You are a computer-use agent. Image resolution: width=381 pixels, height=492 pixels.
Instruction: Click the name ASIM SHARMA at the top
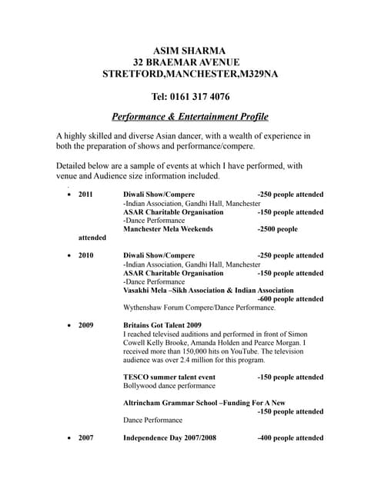point(190,49)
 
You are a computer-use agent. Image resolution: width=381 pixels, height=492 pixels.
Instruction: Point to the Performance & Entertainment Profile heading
point(190,117)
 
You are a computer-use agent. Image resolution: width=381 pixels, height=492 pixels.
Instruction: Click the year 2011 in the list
point(86,194)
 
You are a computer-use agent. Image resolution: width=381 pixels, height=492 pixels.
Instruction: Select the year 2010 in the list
point(86,255)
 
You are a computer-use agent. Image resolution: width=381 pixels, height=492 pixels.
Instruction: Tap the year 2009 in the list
point(86,325)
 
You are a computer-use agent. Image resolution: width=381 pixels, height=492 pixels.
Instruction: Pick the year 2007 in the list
point(86,438)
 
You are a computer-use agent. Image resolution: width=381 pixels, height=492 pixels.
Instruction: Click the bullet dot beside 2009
point(70,326)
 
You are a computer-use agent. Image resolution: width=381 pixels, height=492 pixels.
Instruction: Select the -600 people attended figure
point(290,298)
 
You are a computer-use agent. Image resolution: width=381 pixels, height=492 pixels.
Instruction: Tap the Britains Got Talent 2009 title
point(162,325)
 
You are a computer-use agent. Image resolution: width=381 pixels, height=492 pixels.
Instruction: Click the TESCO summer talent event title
point(169,377)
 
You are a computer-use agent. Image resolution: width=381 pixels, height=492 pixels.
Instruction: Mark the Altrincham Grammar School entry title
point(204,403)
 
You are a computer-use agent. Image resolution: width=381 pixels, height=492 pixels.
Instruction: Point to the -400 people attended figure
point(290,438)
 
